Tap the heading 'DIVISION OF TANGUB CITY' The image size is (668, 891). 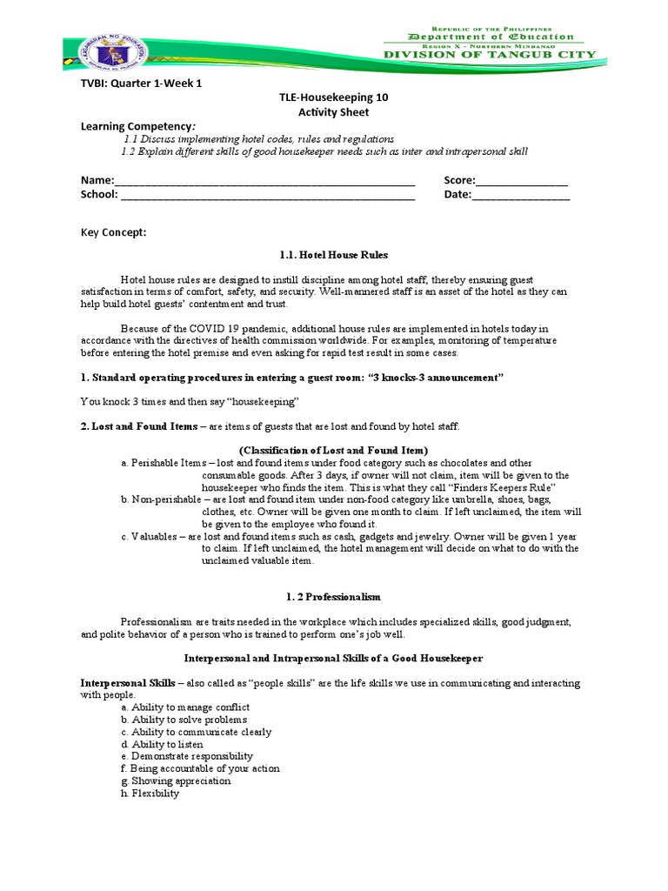[491, 55]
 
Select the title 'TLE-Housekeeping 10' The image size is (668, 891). [334, 97]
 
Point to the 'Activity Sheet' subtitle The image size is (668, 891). [334, 112]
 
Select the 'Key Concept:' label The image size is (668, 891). [114, 232]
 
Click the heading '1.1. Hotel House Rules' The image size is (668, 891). [334, 255]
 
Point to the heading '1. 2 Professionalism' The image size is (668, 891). [334, 597]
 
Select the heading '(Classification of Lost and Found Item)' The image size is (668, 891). [334, 450]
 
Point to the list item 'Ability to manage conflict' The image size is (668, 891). [185, 707]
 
